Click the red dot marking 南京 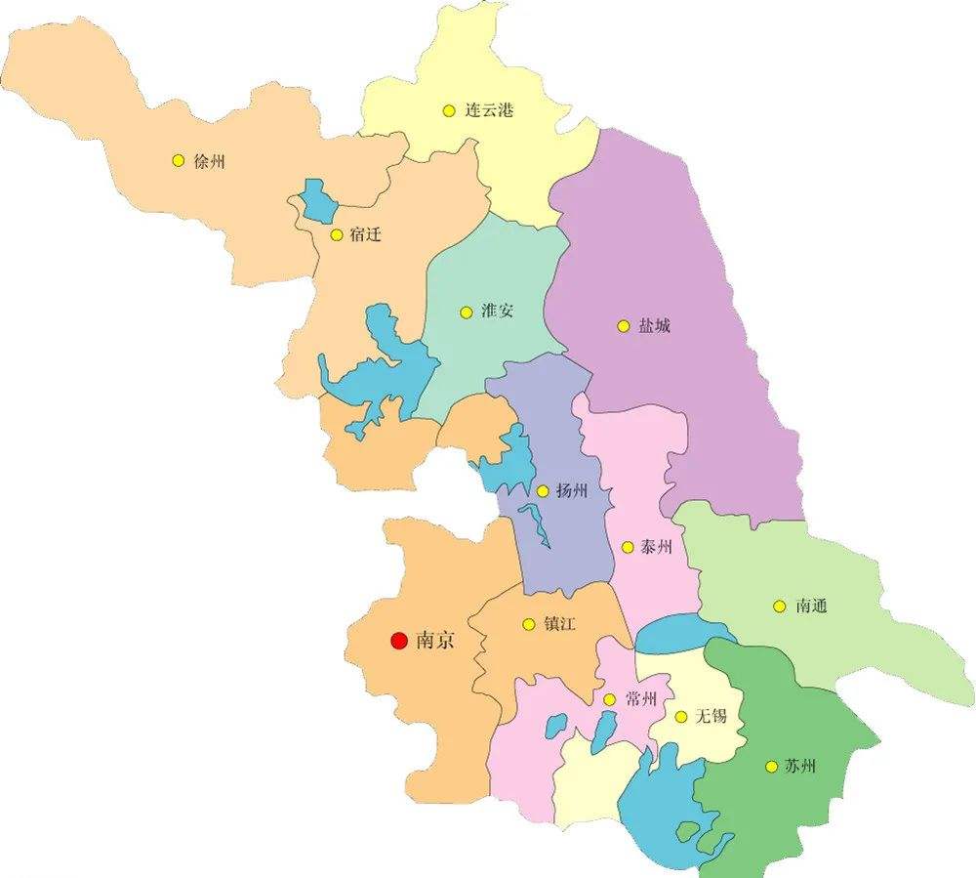pyautogui.click(x=398, y=641)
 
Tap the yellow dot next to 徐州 pyautogui.click(x=178, y=161)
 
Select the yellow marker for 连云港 pyautogui.click(x=448, y=111)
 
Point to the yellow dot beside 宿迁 pyautogui.click(x=337, y=235)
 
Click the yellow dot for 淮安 pyautogui.click(x=466, y=313)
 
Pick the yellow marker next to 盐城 pyautogui.click(x=623, y=326)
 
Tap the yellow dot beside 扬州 pyautogui.click(x=543, y=491)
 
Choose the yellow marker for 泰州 pyautogui.click(x=627, y=547)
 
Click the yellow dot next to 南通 pyautogui.click(x=779, y=606)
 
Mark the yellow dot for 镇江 pyautogui.click(x=528, y=624)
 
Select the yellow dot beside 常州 pyautogui.click(x=609, y=699)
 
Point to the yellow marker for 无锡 pyautogui.click(x=681, y=717)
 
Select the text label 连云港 pyautogui.click(x=489, y=111)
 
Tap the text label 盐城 pyautogui.click(x=654, y=326)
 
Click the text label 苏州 pyautogui.click(x=799, y=766)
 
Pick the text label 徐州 pyautogui.click(x=209, y=161)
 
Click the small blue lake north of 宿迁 pyautogui.click(x=317, y=200)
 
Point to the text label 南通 pyautogui.click(x=811, y=606)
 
